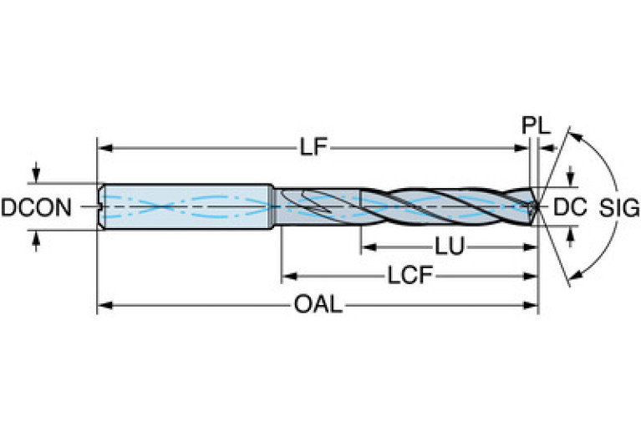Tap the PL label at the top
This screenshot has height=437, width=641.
[536, 126]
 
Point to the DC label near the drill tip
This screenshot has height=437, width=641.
[569, 206]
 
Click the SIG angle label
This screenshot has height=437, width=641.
[618, 206]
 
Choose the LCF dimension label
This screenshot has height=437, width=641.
[409, 275]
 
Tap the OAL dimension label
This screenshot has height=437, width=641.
[318, 305]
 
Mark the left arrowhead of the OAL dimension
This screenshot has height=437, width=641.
[104, 305]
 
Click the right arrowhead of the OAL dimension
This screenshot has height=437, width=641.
[532, 305]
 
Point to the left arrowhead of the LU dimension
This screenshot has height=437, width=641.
[366, 247]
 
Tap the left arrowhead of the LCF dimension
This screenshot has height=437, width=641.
[287, 275]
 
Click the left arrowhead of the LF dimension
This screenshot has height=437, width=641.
[104, 149]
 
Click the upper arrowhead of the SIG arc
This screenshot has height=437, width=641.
[572, 133]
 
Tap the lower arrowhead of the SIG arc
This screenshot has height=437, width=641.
[572, 277]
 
